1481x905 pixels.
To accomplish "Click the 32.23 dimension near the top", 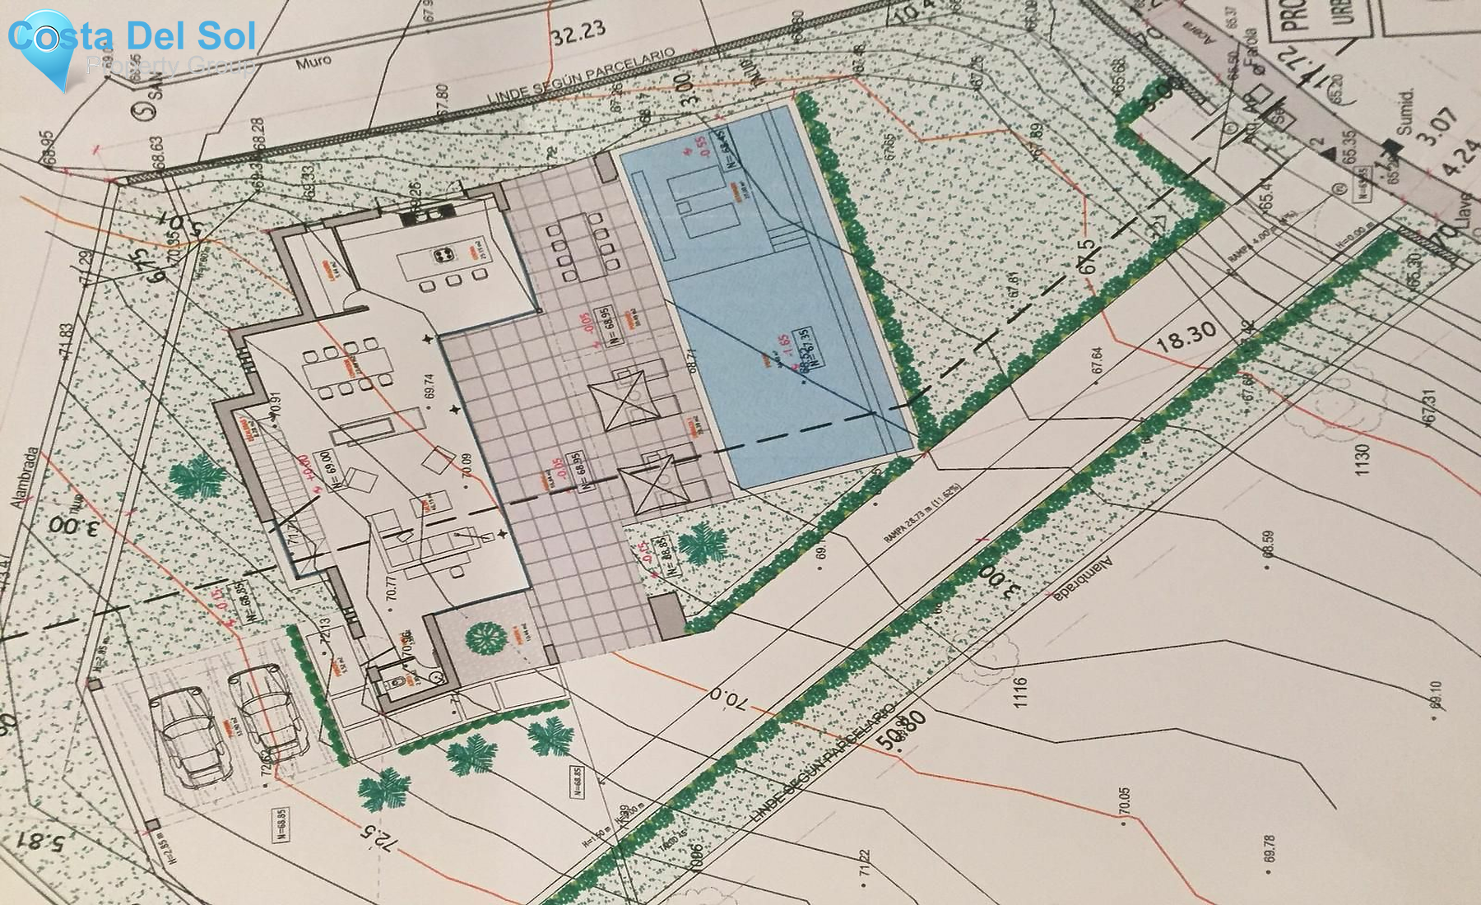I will click(x=578, y=34).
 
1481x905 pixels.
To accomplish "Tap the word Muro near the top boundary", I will click(x=313, y=61).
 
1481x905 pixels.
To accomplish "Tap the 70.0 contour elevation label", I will click(x=728, y=699).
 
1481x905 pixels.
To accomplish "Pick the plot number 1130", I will click(x=1363, y=459).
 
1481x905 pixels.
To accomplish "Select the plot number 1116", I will click(x=1021, y=693).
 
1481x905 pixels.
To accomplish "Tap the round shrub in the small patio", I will click(x=485, y=638).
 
